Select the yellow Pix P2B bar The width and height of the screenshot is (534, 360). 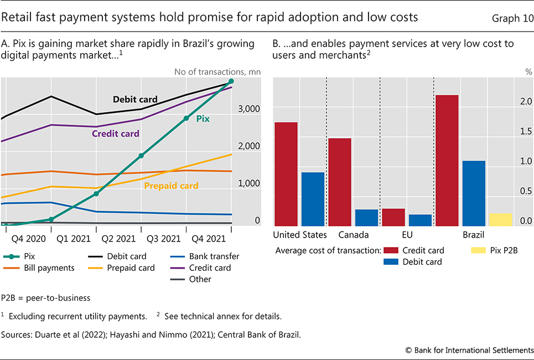(500, 219)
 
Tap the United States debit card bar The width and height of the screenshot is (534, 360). (313, 199)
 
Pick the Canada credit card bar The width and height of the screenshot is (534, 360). (340, 182)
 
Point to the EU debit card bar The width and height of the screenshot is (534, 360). (420, 220)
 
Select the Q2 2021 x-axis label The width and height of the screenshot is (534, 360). (118, 239)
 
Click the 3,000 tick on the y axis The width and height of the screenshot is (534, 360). (249, 109)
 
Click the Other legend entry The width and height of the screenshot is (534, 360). (200, 279)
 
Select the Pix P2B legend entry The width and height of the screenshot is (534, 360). (501, 250)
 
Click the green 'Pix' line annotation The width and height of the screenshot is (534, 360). (203, 118)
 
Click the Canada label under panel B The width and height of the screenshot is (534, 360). (353, 235)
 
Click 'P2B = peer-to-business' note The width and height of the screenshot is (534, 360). (45, 298)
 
